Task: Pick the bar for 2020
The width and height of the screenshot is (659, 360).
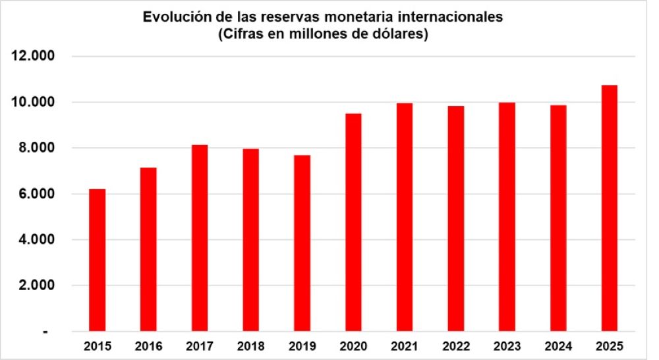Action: pyautogui.click(x=353, y=222)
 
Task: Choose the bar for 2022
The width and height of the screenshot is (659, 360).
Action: pyautogui.click(x=456, y=218)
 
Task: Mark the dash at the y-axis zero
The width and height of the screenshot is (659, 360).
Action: pyautogui.click(x=45, y=332)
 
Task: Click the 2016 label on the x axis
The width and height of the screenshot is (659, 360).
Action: pyautogui.click(x=149, y=345)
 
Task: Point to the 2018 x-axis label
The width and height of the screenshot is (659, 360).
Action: pyautogui.click(x=251, y=345)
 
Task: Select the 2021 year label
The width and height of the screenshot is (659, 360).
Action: pyautogui.click(x=405, y=345)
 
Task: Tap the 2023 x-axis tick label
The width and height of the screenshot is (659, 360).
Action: pyautogui.click(x=507, y=345)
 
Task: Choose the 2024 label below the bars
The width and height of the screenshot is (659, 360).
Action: pyautogui.click(x=558, y=345)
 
